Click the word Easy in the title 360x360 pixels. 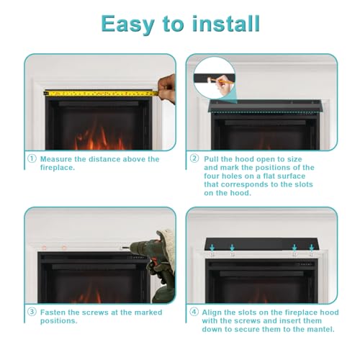click(127, 24)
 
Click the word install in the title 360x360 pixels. click(226, 24)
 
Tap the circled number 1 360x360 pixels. click(32, 158)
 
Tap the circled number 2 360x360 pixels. click(194, 158)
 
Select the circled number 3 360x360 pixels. click(32, 312)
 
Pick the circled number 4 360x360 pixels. click(194, 312)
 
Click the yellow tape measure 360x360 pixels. click(102, 93)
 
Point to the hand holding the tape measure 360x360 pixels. click(167, 89)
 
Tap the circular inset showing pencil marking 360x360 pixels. click(215, 78)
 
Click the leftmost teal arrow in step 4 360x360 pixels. click(212, 248)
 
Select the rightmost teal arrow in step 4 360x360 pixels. click(312, 248)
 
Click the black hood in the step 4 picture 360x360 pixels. click(261, 244)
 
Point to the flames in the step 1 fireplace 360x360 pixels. click(99, 138)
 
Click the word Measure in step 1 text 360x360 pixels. click(56, 159)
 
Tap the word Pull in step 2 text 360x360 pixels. click(211, 159)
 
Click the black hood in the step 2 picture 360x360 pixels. click(265, 106)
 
